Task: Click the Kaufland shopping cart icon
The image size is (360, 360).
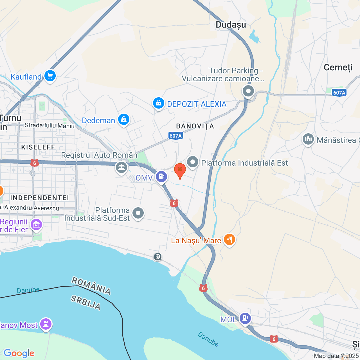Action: click(x=50, y=76)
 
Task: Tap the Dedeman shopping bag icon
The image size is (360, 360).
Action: click(x=123, y=120)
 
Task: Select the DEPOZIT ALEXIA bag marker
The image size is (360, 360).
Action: click(x=159, y=103)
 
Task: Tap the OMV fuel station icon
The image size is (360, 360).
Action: click(x=161, y=177)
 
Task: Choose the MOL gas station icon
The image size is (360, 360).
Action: click(x=245, y=318)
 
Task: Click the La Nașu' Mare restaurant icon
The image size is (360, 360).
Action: click(x=229, y=240)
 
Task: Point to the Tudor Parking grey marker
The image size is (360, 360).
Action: click(x=248, y=91)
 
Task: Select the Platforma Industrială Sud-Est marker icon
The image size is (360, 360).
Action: click(x=138, y=213)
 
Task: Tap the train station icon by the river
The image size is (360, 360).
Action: click(x=158, y=256)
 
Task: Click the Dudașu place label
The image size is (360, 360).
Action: click(x=231, y=25)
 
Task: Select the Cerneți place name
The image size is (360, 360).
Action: click(x=338, y=67)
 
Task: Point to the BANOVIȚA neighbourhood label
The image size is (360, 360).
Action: click(x=195, y=126)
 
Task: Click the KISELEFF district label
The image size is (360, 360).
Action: click(x=38, y=147)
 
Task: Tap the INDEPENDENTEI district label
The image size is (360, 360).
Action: click(x=39, y=198)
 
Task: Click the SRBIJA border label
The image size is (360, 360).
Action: click(x=85, y=303)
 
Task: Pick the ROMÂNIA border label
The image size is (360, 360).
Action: click(x=91, y=285)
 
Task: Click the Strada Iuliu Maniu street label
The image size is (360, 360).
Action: click(x=49, y=125)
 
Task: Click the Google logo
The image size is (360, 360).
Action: click(x=19, y=353)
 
